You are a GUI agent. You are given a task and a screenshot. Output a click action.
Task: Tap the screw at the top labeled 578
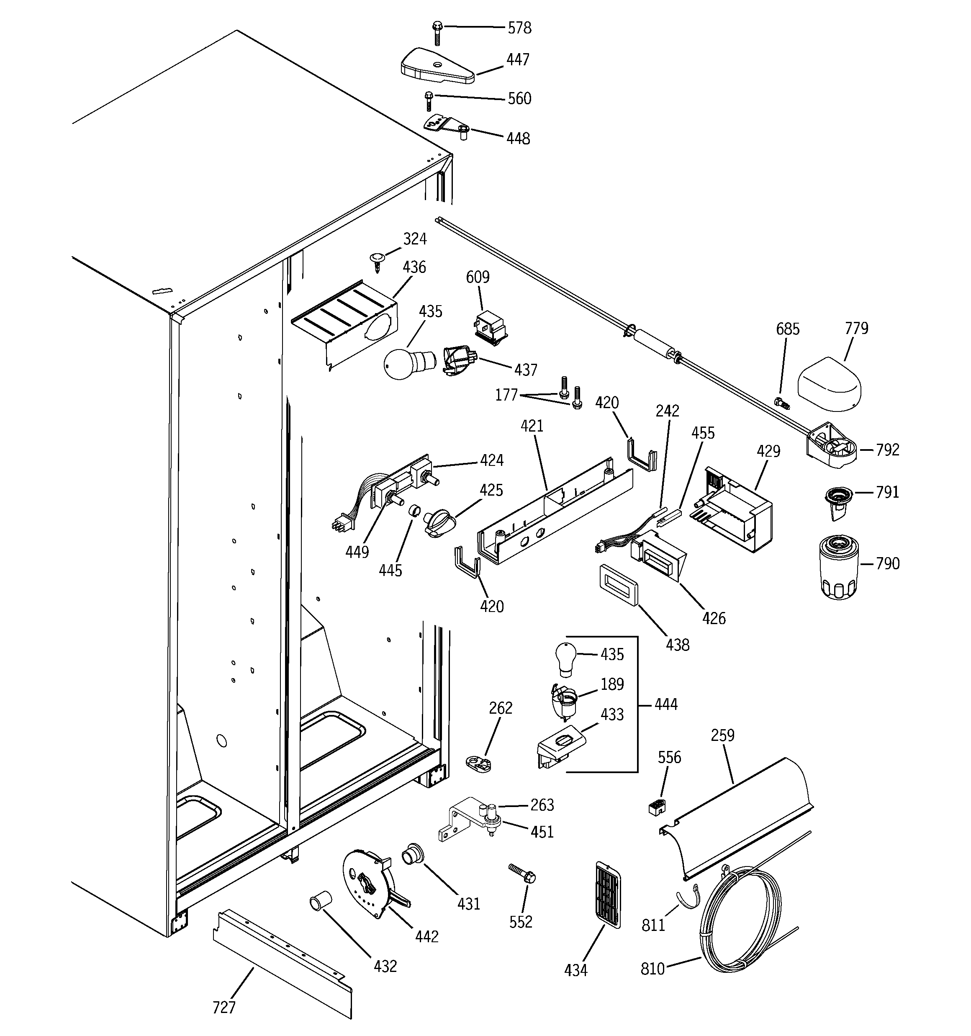[437, 32]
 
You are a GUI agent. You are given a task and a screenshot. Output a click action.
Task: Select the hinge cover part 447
[437, 66]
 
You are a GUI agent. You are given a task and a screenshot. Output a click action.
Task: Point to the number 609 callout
[478, 277]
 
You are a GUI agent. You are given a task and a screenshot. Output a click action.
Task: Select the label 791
[887, 492]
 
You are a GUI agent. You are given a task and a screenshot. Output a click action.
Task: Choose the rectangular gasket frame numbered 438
[619, 585]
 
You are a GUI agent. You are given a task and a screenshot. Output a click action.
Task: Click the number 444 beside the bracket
[665, 704]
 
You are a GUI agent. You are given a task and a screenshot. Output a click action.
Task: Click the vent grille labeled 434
[608, 894]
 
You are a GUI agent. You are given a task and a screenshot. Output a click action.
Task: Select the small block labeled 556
[656, 807]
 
